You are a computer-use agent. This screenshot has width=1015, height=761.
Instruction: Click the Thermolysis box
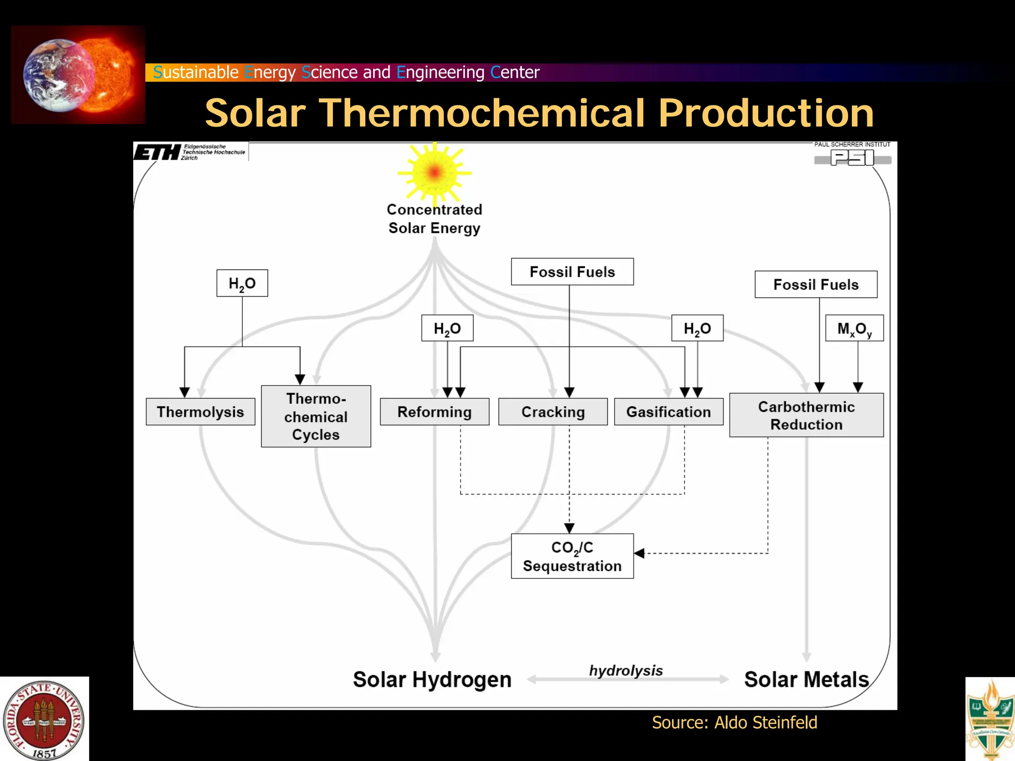point(200,412)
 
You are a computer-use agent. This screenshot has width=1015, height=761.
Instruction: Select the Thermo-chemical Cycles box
point(316,416)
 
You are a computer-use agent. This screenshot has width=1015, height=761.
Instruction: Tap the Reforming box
point(434,412)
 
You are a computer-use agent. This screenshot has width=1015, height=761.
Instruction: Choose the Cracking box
point(553,412)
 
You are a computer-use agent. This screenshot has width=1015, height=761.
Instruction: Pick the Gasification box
point(668,412)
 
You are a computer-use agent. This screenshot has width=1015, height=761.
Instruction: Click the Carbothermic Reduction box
point(806,415)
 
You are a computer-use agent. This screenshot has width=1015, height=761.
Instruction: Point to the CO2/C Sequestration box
point(572,556)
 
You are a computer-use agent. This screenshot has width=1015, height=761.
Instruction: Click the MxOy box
point(854,328)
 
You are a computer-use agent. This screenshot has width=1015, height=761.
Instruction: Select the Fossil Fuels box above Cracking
point(572,272)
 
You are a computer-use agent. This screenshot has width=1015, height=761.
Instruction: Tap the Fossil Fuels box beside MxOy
point(816,284)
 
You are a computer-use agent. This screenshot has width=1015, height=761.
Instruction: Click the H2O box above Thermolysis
point(242,283)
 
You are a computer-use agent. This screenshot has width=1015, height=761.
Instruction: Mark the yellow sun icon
point(434,173)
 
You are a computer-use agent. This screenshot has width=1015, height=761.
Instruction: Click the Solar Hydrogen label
point(432,680)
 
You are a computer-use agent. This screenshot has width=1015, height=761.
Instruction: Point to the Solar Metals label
point(806,680)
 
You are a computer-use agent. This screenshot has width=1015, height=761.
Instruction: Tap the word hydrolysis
point(625,671)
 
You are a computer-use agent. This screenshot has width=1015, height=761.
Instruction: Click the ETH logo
point(158,152)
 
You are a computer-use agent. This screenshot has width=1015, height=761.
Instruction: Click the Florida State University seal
point(44,719)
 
